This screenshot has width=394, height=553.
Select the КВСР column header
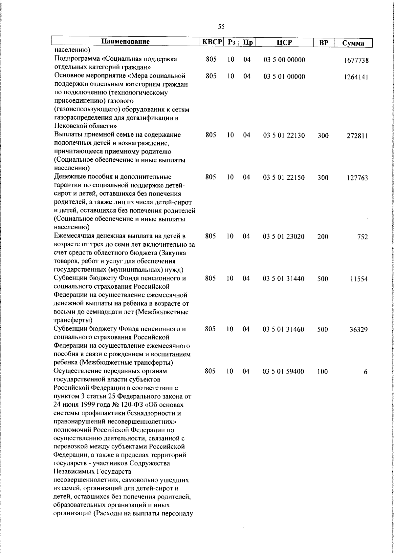point(212,42)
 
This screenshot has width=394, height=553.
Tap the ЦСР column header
point(284,42)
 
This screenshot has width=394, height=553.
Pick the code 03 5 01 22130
point(284,135)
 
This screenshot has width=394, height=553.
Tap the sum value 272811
point(357,136)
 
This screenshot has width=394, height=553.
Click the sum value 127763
point(357,178)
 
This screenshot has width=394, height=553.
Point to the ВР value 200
point(323,237)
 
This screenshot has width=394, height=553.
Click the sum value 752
point(362,237)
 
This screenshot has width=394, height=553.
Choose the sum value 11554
point(359,279)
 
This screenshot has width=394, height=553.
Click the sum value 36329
point(359,330)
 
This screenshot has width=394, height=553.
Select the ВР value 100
point(322,372)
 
